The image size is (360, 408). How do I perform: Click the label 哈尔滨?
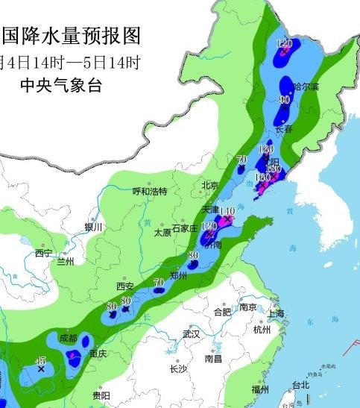[x=306, y=87]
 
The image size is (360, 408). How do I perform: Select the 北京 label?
[x=209, y=185]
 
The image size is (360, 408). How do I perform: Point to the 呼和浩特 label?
[x=150, y=191]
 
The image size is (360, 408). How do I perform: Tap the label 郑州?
[x=179, y=274]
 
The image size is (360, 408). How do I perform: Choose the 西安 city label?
[x=124, y=286]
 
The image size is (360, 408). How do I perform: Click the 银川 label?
[x=93, y=227]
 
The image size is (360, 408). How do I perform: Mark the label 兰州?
[x=66, y=262]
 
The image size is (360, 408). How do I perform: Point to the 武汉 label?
[x=192, y=334]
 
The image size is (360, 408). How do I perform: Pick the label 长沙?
[x=178, y=368]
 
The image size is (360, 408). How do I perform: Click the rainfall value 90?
[x=284, y=98]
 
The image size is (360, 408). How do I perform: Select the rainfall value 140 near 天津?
[x=227, y=211]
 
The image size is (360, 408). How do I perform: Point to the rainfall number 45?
[x=42, y=360]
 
